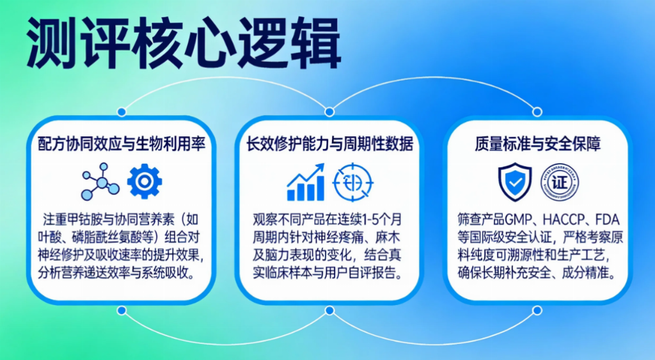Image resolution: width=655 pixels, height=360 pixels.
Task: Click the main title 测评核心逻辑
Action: (184, 43)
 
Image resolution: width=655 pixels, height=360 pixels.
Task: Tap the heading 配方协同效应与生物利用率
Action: (122, 144)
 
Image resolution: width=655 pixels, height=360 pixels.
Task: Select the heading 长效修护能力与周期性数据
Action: (329, 144)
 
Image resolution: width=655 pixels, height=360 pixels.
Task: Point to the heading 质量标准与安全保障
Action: (537, 144)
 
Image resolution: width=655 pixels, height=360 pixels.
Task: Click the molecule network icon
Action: (100, 182)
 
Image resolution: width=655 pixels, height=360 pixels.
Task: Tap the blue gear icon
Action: (145, 181)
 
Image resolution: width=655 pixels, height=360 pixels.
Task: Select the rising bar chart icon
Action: (306, 182)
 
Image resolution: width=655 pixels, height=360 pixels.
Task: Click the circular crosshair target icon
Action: (353, 182)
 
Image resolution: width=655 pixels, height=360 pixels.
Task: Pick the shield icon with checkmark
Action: (515, 182)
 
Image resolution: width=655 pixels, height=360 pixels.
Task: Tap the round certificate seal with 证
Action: (560, 182)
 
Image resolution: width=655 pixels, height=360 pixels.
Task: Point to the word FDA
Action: (608, 220)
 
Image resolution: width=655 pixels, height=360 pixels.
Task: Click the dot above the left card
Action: (122, 111)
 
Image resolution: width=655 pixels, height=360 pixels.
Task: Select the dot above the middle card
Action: (329, 111)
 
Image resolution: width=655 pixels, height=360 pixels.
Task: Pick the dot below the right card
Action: (537, 310)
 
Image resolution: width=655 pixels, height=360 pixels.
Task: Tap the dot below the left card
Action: (122, 310)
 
